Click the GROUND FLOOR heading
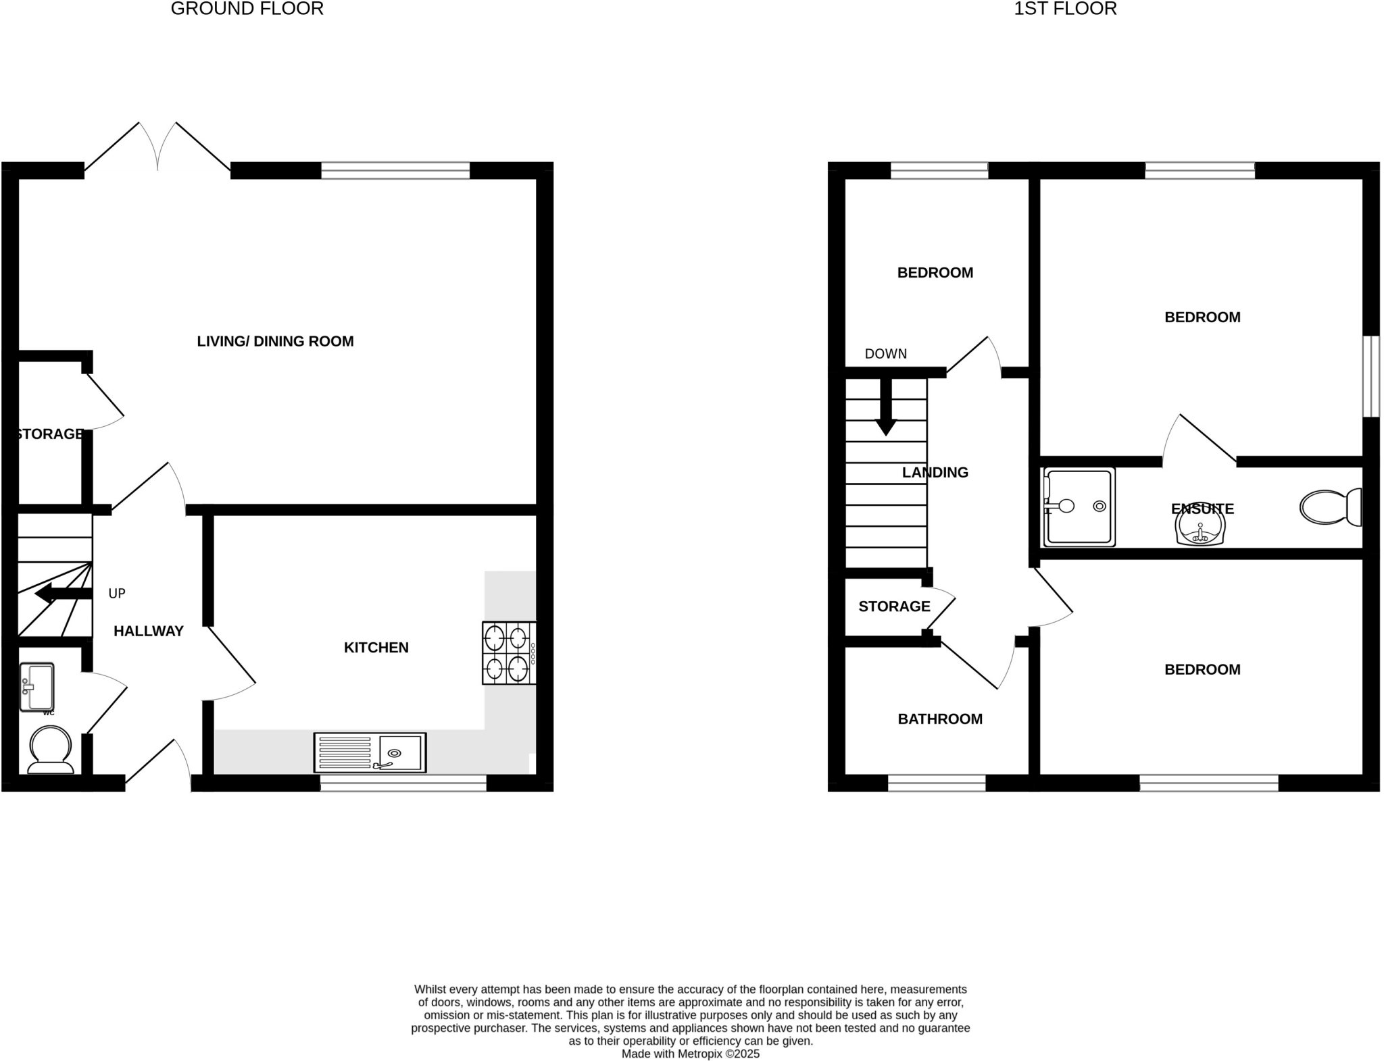coord(247,9)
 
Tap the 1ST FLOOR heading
coord(1065,9)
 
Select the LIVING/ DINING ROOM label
coord(275,341)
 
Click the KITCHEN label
coord(376,648)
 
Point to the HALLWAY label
coord(149,631)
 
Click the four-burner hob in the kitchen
coord(508,653)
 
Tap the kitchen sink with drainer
coord(370,752)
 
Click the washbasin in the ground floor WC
coord(36,688)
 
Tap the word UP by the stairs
coord(117,594)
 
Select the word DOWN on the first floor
coord(885,354)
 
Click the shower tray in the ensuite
coord(1079,506)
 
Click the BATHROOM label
coord(940,719)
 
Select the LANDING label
coord(935,473)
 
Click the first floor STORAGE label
coord(894,606)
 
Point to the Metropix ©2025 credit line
coord(690,1054)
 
